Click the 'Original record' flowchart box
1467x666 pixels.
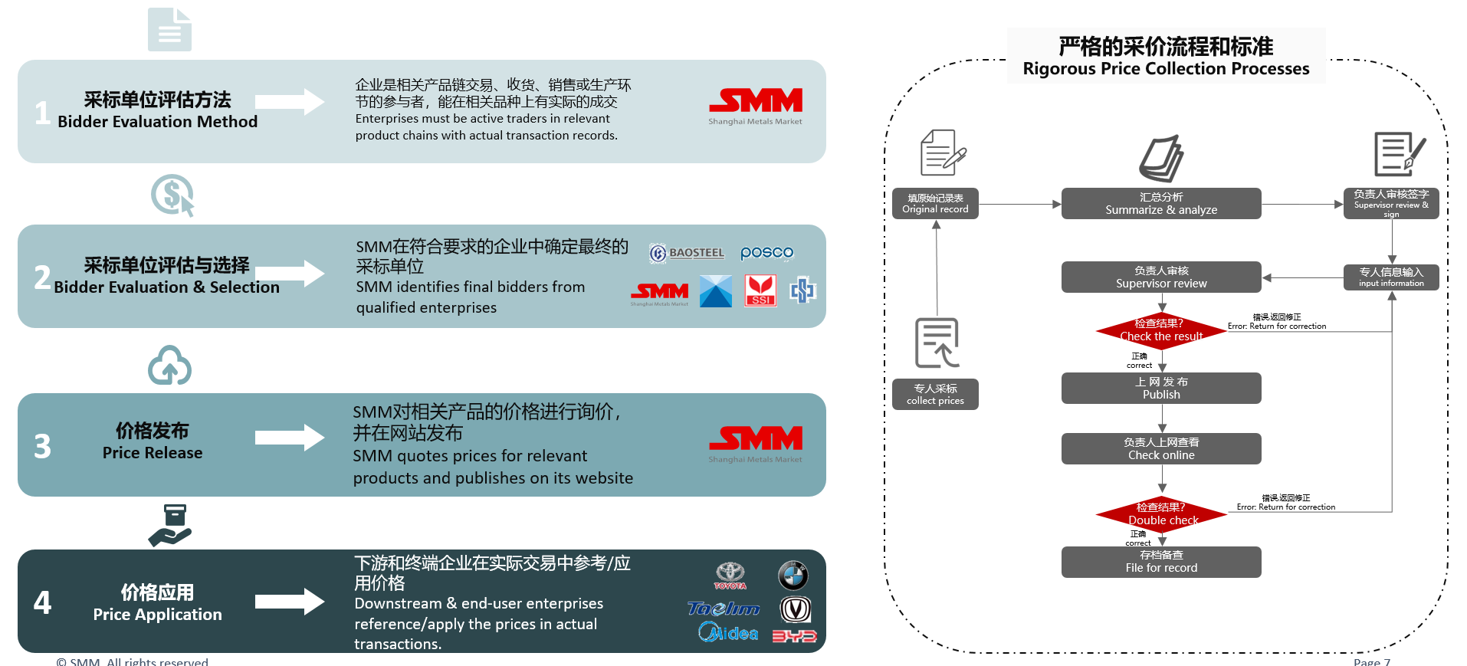coord(935,204)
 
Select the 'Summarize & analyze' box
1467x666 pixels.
coord(1160,204)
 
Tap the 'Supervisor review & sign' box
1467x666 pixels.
coord(1390,204)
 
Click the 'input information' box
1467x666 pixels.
coord(1390,277)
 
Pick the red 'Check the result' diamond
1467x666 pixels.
coord(1161,330)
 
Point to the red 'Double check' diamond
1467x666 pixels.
coord(1161,514)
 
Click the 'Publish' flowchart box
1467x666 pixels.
coord(1160,389)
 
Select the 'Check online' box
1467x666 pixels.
coord(1160,449)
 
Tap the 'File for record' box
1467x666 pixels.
coord(1160,562)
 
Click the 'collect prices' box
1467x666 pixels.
coord(935,395)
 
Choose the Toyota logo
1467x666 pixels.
coord(730,575)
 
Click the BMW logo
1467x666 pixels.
coord(793,575)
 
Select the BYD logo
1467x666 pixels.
coord(794,636)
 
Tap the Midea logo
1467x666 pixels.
coord(728,633)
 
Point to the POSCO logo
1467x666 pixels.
coord(766,253)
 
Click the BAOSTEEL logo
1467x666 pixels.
coord(687,253)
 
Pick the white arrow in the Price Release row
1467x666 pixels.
coord(290,438)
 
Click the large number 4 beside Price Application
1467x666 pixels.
coord(42,602)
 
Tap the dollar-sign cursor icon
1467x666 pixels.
coord(172,195)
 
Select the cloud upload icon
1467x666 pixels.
coord(169,366)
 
